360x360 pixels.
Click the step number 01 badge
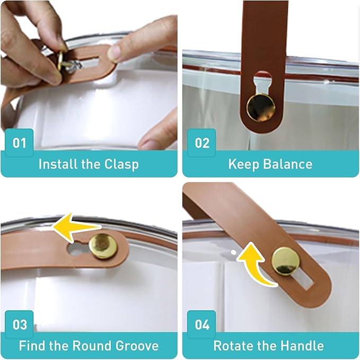coord(19,142)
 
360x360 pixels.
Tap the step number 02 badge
coord(201,142)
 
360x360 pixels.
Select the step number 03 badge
coord(19,324)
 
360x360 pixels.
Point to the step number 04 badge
coord(201,324)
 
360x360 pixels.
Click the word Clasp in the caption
coord(121,164)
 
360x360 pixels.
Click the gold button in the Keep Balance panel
coord(261,108)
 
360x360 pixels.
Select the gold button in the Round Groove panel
coord(103,246)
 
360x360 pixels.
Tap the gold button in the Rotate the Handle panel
coord(286,261)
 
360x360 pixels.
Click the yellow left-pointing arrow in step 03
coord(76,227)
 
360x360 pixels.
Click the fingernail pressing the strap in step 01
coord(113,53)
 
